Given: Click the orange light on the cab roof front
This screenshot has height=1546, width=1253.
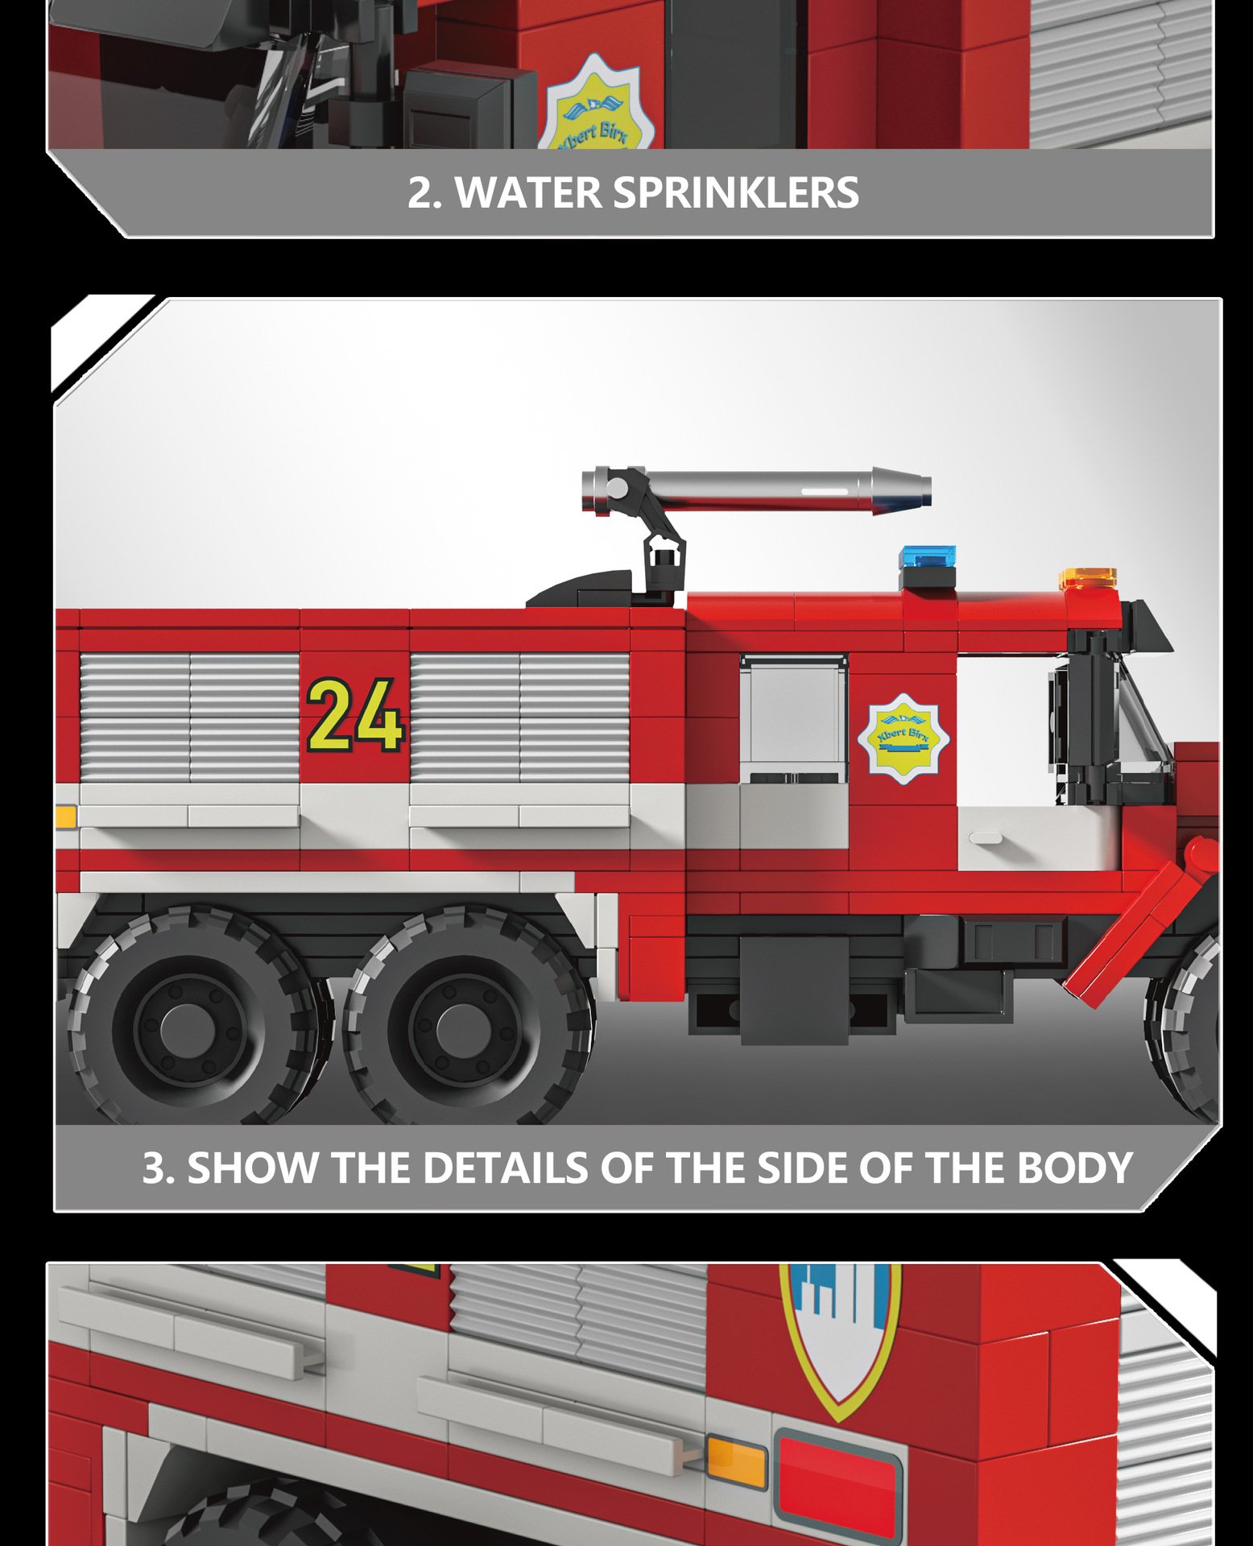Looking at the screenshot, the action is pyautogui.click(x=1088, y=579).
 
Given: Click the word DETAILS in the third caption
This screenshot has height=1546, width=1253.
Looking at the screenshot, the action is pyautogui.click(x=506, y=1168).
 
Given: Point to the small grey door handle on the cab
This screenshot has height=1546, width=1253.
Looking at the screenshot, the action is pyautogui.click(x=985, y=838).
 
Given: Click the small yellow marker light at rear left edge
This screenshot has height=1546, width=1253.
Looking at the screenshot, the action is pyautogui.click(x=66, y=816).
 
